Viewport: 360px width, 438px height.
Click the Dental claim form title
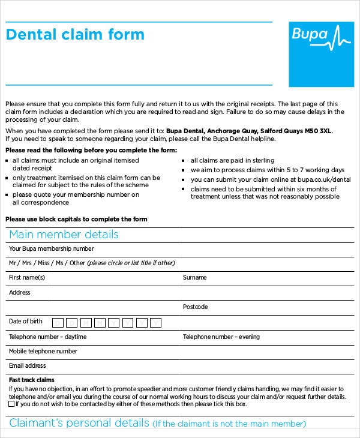pos(75,34)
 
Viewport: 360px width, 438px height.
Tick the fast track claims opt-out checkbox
pos(12,404)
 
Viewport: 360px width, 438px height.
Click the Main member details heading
pos(64,235)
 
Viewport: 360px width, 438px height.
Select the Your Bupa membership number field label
pos(51,248)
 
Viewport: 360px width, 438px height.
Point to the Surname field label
pos(194,278)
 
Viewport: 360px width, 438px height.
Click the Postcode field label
pos(195,307)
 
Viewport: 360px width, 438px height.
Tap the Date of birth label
pos(26,322)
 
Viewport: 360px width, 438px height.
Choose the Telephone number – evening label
pos(221,337)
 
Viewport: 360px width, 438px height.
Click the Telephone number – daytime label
pos(47,337)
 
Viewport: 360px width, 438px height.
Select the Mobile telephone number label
pos(43,351)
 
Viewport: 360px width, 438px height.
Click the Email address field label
pos(27,365)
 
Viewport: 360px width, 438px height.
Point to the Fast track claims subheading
pos(31,380)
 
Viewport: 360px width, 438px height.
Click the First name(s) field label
pos(26,278)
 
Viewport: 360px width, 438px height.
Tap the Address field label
pos(19,293)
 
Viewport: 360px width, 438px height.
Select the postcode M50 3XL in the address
pos(317,131)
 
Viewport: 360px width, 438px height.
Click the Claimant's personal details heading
pos(79,423)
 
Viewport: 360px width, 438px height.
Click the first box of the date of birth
pos(58,323)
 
